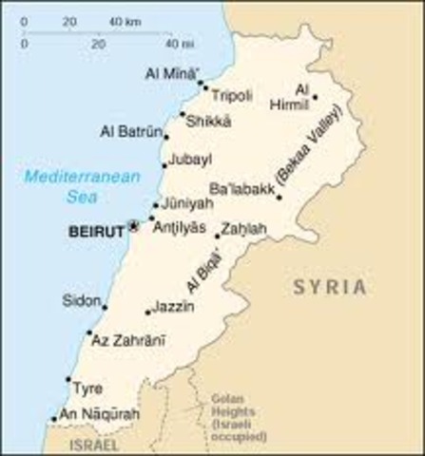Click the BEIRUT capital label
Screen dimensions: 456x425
coord(98,229)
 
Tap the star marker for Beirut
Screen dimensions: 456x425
coord(134,226)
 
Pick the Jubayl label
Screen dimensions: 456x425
coord(189,161)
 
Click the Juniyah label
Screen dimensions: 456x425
coord(185,203)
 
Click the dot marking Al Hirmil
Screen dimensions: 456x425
coord(316,96)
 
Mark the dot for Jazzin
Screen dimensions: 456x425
coord(148,313)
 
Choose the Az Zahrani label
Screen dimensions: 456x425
coord(128,339)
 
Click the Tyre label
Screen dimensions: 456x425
coord(87,388)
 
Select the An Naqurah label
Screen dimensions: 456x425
coord(99,414)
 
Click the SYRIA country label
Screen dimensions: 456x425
coord(329,286)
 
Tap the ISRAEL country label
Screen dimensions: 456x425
coord(93,444)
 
